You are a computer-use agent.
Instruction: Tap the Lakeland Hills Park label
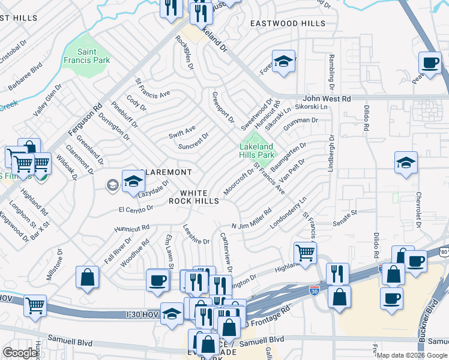coord(256,151)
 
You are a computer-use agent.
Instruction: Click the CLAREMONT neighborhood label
coord(168,172)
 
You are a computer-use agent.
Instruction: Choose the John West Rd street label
coord(327,98)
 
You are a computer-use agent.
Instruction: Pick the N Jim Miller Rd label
coord(252,218)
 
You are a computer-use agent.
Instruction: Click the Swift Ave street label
coord(182,130)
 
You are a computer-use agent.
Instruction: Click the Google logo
coord(20,353)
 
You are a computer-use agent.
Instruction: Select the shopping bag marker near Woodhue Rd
coord(88,277)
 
